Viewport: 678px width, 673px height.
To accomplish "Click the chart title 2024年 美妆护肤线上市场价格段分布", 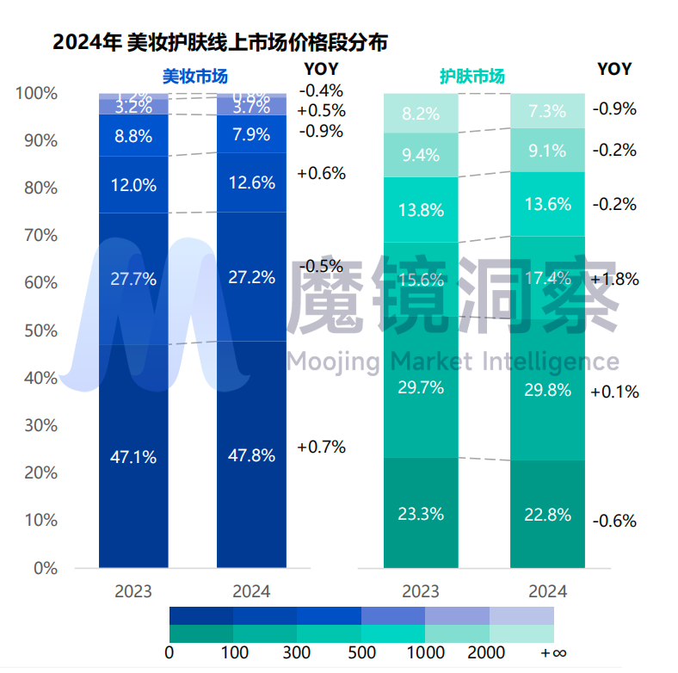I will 219,40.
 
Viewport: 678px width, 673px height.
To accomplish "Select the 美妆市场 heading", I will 195,76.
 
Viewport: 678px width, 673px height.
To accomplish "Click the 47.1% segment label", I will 133,458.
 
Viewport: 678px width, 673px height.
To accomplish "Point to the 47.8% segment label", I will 252,455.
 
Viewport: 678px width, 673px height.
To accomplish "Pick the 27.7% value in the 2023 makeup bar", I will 133,278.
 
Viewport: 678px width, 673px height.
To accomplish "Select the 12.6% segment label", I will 252,182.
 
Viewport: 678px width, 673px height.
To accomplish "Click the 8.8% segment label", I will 133,135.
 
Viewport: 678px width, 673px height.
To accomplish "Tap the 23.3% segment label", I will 421,515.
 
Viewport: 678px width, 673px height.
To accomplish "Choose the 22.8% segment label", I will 547,515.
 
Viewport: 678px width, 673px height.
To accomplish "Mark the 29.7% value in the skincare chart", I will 421,387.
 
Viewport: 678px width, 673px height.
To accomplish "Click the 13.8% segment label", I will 421,209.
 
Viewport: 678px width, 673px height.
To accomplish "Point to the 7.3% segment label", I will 547,111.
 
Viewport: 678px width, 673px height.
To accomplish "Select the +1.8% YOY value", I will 615,279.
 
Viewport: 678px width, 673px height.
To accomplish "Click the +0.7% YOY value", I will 321,447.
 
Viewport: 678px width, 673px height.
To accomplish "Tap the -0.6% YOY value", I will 614,521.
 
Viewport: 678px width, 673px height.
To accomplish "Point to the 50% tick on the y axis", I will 39,330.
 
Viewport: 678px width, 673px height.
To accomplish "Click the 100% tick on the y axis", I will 35,93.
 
